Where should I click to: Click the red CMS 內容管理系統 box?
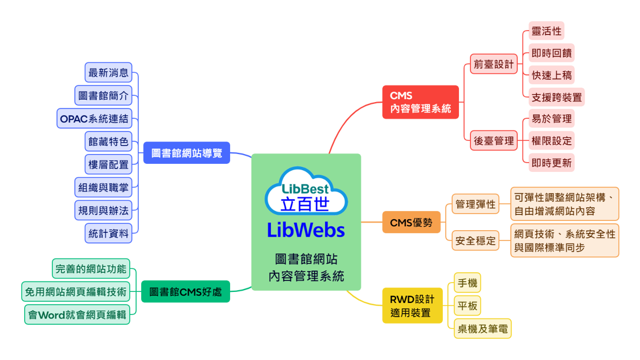point(420,102)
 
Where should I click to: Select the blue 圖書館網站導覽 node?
point(187,153)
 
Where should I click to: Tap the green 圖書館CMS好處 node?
point(185,291)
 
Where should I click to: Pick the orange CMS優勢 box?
point(411,222)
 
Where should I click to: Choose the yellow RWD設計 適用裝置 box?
point(412,306)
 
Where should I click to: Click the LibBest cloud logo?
point(306,191)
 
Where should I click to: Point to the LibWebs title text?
point(306,230)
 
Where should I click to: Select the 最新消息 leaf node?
point(108,73)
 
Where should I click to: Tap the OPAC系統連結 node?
point(95,118)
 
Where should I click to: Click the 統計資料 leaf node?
point(108,233)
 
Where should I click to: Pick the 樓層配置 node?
point(108,164)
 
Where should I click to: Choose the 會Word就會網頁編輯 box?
point(77,314)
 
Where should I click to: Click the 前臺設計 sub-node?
point(494,64)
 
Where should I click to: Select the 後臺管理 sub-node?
point(494,141)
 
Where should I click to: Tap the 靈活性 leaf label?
point(546,31)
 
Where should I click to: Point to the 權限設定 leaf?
point(551,141)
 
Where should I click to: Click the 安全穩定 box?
point(476,240)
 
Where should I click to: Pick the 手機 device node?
point(468,283)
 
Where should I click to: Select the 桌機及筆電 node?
point(483,328)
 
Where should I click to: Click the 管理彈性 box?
point(476,204)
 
